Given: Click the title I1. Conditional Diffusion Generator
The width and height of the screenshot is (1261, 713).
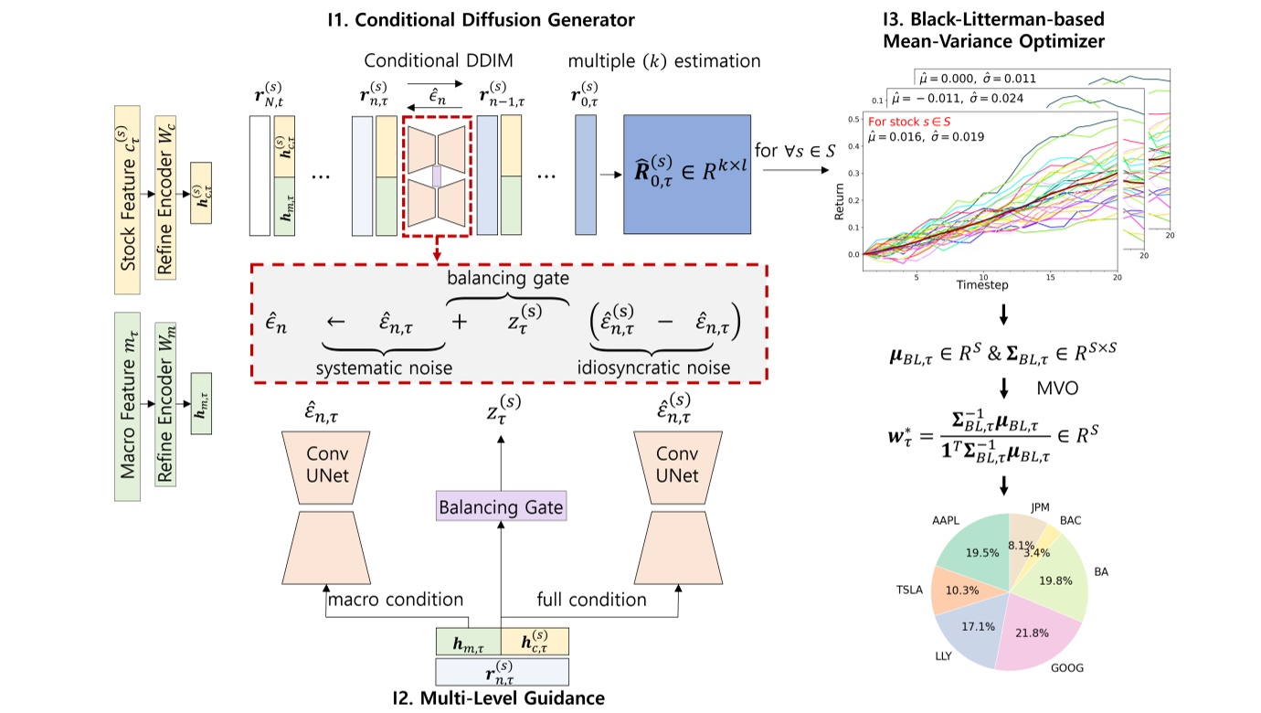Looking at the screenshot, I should tap(498, 18).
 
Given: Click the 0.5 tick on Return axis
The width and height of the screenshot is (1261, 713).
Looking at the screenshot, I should tap(853, 119).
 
